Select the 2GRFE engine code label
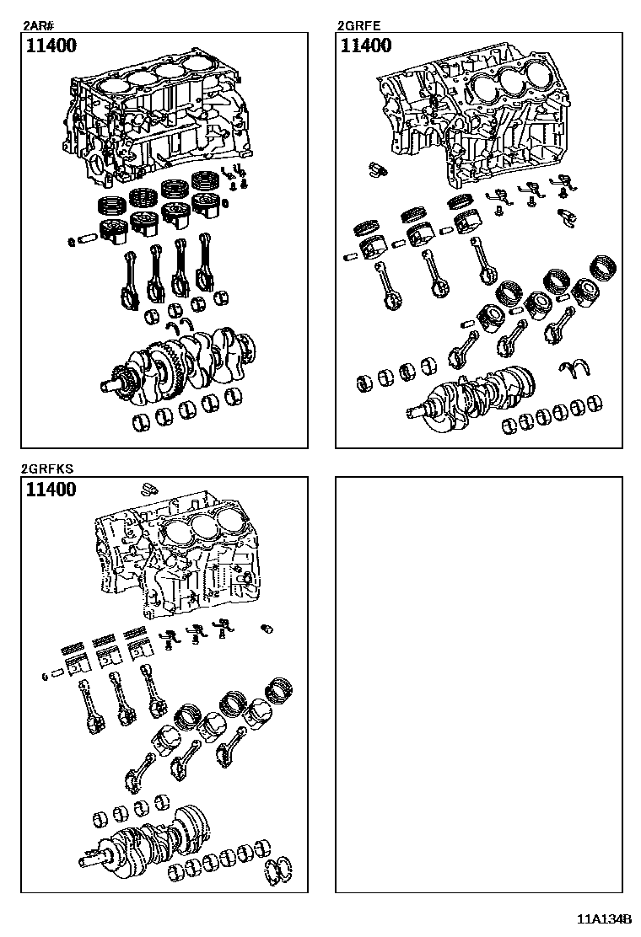click(353, 25)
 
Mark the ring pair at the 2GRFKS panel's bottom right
click(280, 871)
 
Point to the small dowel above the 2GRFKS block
click(148, 486)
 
